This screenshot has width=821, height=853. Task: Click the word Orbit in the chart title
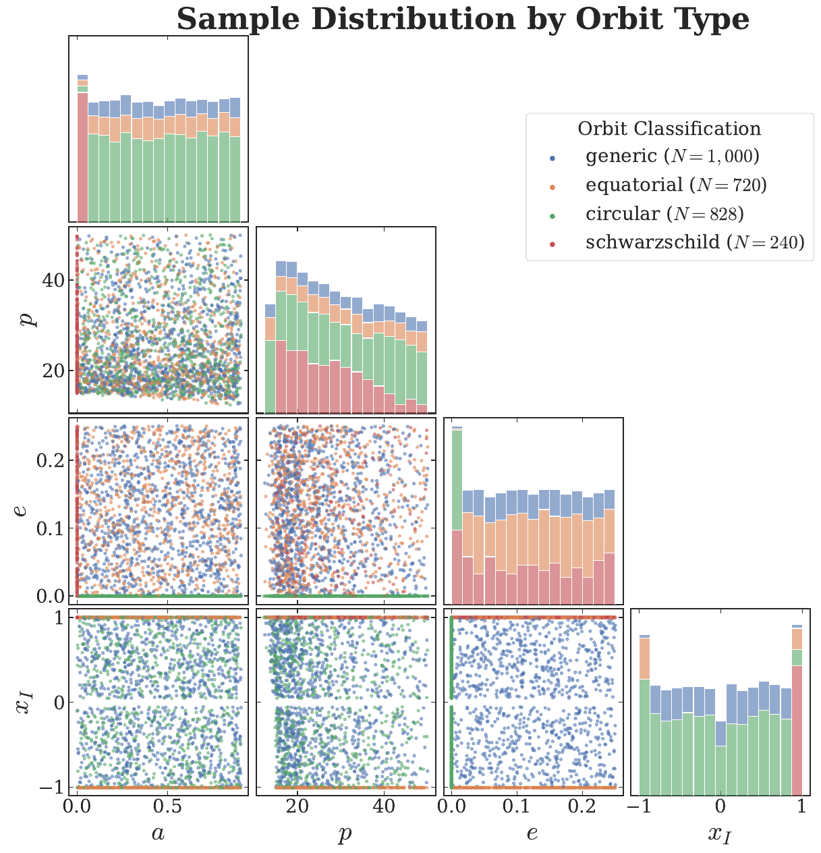pos(611,20)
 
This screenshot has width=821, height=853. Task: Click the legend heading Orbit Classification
pos(669,129)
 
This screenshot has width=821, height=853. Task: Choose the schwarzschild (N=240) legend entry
pos(695,242)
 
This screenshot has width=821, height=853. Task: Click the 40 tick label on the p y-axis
pos(54,280)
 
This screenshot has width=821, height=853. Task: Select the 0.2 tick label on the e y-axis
pos(49,460)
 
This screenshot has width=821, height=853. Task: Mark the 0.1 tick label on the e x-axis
pos(516,807)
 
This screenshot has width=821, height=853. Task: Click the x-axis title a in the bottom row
pos(158,834)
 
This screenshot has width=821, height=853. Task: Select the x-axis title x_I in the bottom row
pos(719,835)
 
